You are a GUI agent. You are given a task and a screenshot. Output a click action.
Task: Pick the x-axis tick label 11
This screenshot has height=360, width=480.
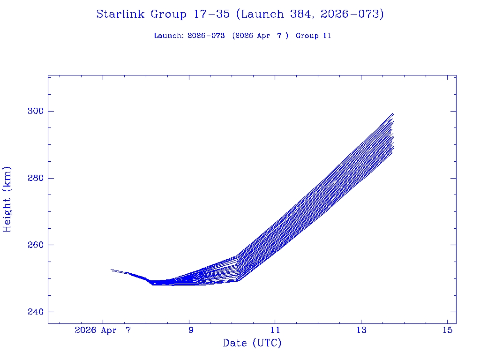(x=275, y=330)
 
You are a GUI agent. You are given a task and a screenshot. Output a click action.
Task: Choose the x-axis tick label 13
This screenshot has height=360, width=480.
(x=360, y=330)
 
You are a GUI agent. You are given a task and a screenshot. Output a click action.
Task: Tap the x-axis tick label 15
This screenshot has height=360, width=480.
(x=447, y=330)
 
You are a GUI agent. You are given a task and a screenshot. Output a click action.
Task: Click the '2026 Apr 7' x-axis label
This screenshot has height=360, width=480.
(x=103, y=330)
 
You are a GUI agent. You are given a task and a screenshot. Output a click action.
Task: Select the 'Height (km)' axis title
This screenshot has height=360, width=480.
(x=7, y=199)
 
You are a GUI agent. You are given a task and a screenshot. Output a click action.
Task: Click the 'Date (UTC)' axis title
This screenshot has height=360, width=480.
(x=252, y=343)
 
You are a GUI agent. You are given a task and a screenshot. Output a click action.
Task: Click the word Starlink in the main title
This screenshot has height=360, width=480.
(x=121, y=14)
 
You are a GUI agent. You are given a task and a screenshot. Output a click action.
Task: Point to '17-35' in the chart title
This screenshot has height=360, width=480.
(x=211, y=14)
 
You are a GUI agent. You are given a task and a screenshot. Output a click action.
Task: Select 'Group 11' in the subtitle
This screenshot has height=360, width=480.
(x=314, y=36)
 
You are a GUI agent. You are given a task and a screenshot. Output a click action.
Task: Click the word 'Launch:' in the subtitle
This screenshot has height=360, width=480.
(x=169, y=36)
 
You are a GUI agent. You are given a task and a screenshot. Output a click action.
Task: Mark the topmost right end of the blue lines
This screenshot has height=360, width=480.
(x=393, y=114)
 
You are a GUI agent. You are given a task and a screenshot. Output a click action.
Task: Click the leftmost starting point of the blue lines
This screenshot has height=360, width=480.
(x=111, y=270)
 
